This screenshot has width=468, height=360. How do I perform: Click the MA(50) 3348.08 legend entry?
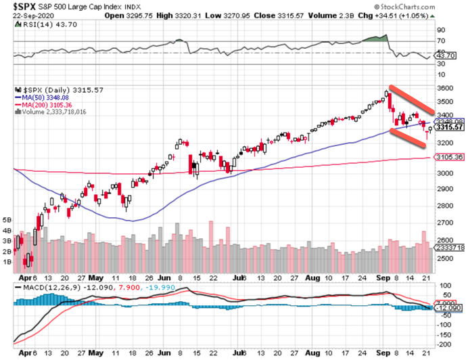point(44,97)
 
